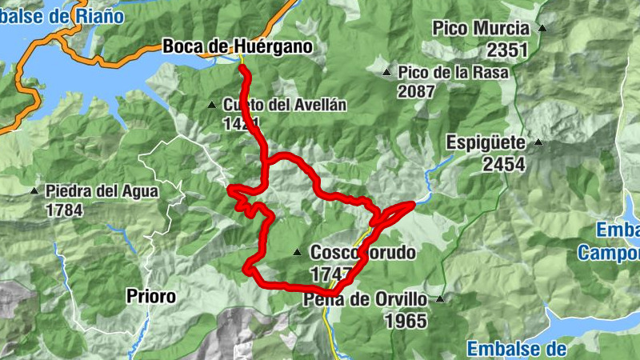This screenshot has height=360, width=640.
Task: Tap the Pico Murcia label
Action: click(482, 28)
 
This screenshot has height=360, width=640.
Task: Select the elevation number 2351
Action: click(507, 50)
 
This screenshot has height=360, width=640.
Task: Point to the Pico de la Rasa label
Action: click(454, 72)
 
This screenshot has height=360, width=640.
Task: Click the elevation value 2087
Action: click(416, 90)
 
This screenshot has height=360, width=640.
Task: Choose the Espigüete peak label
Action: click(486, 143)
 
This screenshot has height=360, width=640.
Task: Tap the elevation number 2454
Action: click(504, 165)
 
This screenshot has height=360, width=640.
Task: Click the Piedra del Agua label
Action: click(102, 191)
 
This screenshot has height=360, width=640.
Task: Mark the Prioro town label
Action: click(151, 296)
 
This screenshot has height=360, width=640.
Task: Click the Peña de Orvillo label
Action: click(367, 300)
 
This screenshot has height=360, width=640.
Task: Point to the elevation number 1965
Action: click(406, 321)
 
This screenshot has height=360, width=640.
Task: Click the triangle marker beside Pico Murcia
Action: click(542, 28)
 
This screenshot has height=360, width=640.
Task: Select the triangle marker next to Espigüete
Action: click(538, 142)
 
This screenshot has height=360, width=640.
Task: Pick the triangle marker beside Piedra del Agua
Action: click(34, 190)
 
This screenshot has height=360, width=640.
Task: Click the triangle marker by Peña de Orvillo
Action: click(439, 299)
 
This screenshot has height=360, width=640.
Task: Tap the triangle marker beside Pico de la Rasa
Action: click(386, 72)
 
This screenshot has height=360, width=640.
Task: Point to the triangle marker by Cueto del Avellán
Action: click(212, 104)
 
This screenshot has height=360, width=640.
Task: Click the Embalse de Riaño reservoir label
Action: click(62, 15)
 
